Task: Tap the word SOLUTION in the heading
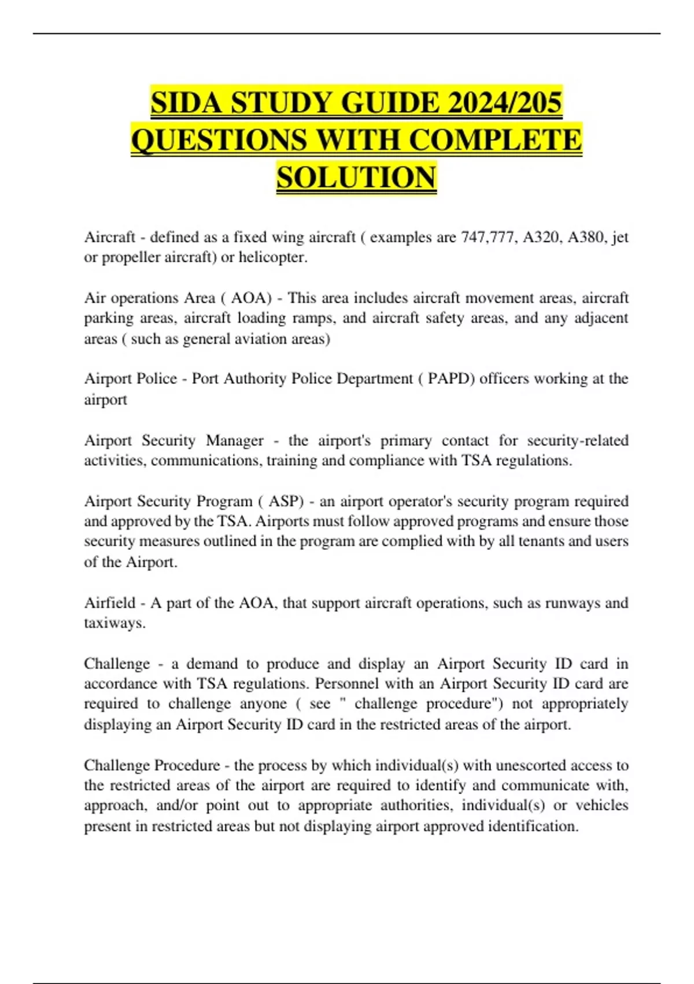[356, 178]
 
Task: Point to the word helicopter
[272, 258]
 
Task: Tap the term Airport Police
[131, 379]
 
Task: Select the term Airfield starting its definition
[109, 603]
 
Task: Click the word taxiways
[115, 623]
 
